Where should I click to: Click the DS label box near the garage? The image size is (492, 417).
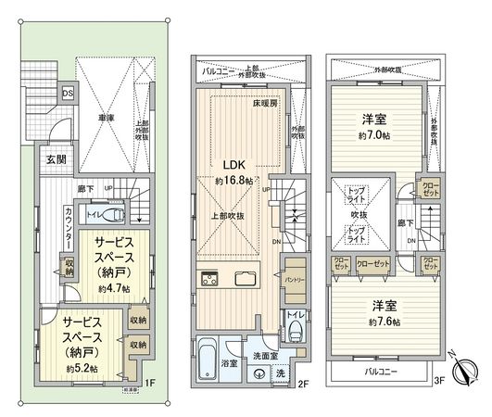coord(68,94)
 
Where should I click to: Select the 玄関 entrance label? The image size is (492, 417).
coord(55,158)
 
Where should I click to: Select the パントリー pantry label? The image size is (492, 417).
coord(296,279)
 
